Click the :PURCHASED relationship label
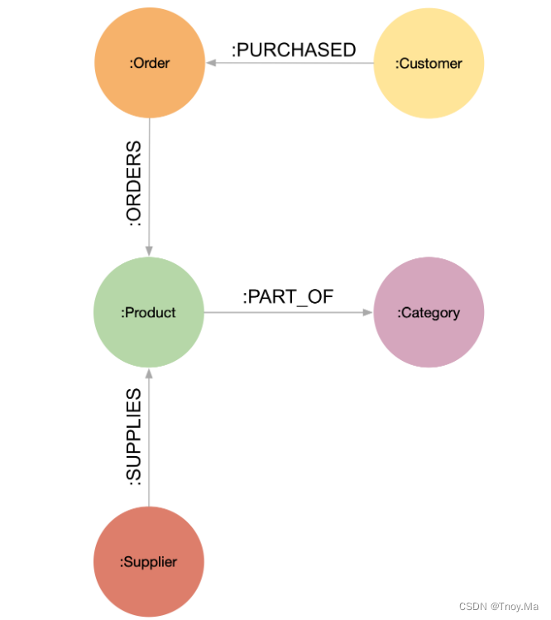point(294,50)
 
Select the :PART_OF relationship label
point(288,297)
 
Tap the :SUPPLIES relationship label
point(132,437)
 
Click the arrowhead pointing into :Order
point(210,63)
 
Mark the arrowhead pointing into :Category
point(367,312)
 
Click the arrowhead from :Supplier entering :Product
point(149,373)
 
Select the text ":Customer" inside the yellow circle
point(429,64)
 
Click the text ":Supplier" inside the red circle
point(149,562)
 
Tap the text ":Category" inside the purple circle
point(429,313)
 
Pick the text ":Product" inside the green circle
point(149,312)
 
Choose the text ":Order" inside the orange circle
point(149,64)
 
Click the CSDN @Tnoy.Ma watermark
point(499,606)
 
